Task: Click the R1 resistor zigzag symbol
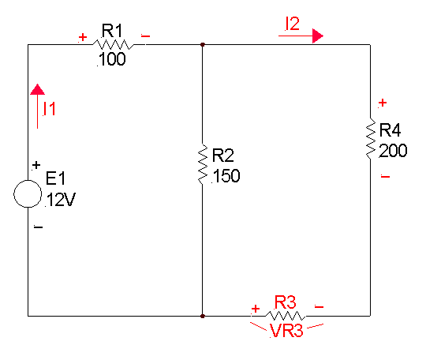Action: tap(114, 44)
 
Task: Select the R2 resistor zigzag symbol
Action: tap(203, 164)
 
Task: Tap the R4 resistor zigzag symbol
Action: tap(371, 138)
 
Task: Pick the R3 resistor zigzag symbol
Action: tap(286, 316)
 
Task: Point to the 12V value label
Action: tap(61, 200)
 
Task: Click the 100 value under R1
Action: tap(112, 59)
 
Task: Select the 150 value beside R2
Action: tap(226, 175)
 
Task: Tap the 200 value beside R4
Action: tap(393, 150)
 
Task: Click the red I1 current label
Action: tap(49, 109)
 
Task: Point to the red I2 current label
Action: tap(293, 24)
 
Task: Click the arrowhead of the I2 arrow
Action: tap(318, 36)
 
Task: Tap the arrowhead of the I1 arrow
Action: tap(38, 89)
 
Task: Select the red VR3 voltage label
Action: tap(286, 331)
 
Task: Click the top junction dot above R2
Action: tap(203, 44)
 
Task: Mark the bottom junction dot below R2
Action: tap(203, 316)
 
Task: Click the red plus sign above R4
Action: tap(383, 103)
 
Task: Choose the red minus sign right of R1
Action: tap(145, 36)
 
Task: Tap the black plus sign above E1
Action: tap(36, 165)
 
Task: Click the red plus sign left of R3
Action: tap(256, 309)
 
